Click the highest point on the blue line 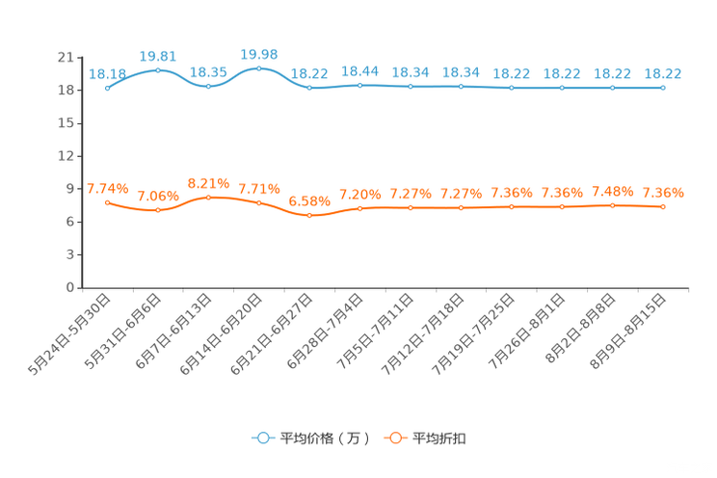(x=258, y=68)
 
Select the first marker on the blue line (x=107, y=88)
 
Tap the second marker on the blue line (x=158, y=69)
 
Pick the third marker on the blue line (x=208, y=87)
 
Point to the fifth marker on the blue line (x=309, y=89)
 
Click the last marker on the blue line (x=663, y=88)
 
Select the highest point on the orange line (x=208, y=197)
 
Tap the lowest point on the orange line (x=309, y=215)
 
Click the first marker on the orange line (x=107, y=202)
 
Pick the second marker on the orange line (x=158, y=210)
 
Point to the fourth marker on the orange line (x=258, y=202)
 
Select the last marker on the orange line (x=663, y=206)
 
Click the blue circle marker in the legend (x=261, y=438)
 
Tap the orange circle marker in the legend (x=395, y=438)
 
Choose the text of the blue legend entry (x=323, y=438)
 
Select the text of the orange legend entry (x=440, y=438)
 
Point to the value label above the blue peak (x=258, y=53)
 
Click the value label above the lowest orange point (x=309, y=200)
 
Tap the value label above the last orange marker (x=663, y=192)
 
